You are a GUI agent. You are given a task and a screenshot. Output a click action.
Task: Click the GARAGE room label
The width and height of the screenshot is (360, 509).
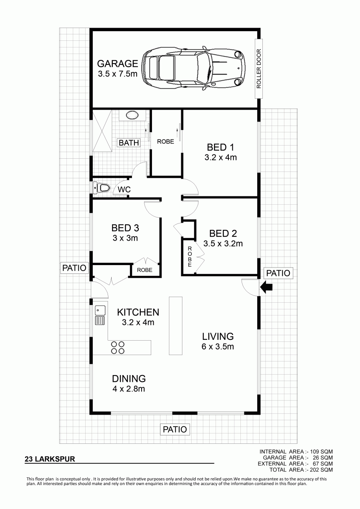tap(118, 64)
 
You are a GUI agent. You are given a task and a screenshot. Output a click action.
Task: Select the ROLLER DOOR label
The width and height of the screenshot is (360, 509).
tap(259, 69)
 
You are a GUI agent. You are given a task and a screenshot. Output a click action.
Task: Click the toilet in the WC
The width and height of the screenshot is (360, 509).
tap(102, 188)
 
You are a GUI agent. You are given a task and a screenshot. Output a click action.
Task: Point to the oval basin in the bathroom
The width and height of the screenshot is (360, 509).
tap(132, 115)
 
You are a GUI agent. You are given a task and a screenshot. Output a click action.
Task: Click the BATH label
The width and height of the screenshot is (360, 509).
tap(129, 143)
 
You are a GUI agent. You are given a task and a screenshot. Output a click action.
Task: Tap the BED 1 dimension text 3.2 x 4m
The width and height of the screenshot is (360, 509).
tap(220, 157)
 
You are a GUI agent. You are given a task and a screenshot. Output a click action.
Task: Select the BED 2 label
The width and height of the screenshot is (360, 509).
tap(223, 234)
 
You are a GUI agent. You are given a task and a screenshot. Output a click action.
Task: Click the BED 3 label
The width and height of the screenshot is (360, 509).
tap(125, 228)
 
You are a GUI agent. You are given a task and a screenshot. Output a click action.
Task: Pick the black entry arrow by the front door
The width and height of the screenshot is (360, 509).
tap(266, 287)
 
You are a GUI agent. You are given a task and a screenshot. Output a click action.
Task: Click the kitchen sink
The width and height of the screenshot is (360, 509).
tap(100, 315)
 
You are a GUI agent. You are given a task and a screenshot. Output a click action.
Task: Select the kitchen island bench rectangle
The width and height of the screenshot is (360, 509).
tap(176, 325)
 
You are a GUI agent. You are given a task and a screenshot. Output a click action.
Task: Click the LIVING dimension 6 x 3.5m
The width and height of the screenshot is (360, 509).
tap(218, 347)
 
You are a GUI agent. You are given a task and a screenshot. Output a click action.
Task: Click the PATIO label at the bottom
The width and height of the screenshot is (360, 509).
tap(175, 429)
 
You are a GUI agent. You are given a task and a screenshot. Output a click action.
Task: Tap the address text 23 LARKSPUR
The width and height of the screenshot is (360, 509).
tap(50, 459)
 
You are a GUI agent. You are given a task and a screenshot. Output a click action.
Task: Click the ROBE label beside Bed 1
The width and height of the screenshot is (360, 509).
tap(166, 142)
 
